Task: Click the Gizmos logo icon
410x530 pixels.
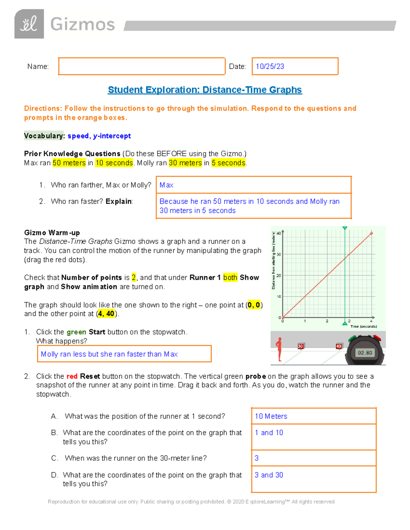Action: (x=29, y=24)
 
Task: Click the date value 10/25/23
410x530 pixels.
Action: (x=270, y=67)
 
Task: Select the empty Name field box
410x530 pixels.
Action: (x=141, y=66)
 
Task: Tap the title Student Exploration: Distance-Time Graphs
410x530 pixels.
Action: (x=205, y=90)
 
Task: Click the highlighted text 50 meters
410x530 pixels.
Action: (x=69, y=163)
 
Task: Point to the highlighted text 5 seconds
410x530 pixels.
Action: (x=228, y=163)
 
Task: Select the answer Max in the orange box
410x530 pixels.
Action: (x=166, y=185)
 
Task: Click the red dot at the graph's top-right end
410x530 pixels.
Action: (x=371, y=233)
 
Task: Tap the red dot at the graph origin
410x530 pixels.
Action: (x=283, y=317)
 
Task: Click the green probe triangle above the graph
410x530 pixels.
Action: (x=345, y=228)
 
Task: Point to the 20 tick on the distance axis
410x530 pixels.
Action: (x=279, y=275)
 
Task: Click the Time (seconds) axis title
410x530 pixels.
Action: (x=364, y=327)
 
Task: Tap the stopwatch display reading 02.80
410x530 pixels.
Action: (x=365, y=353)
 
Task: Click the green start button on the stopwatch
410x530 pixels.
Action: (x=352, y=339)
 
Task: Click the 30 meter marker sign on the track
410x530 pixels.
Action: (x=300, y=346)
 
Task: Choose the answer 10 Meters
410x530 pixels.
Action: (x=271, y=416)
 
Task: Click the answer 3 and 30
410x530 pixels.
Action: (x=269, y=475)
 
